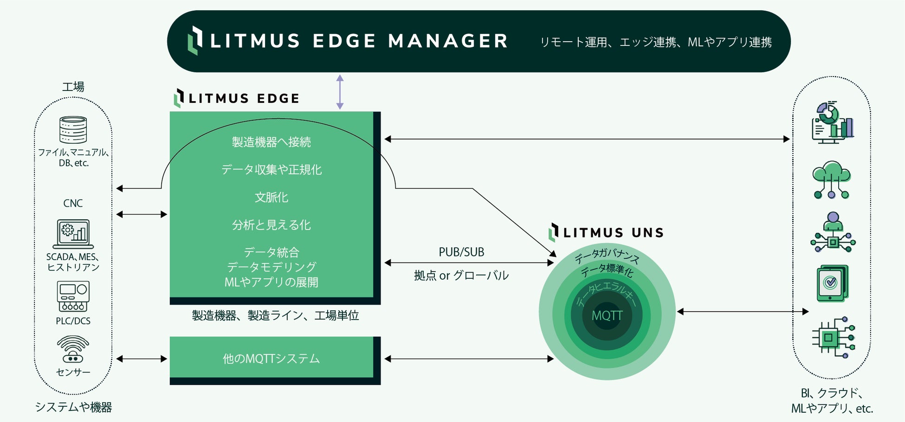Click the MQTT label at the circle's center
pos(607,316)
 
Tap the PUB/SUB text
pos(461,252)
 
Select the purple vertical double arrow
pos(340,92)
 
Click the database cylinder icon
pos(73,130)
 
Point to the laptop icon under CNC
pos(73,234)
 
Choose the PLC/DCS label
pos(73,321)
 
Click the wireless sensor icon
pos(73,349)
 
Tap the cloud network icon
pos(832,180)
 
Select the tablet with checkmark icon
pos(832,283)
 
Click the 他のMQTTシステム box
pos(271,358)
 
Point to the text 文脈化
pos(271,198)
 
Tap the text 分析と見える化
pos(271,225)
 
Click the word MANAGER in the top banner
pos(448,41)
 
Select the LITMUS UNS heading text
pos(613,233)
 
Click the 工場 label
pos(73,87)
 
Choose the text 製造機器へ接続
pos(271,142)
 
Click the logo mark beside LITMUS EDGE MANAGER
pos(195,40)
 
